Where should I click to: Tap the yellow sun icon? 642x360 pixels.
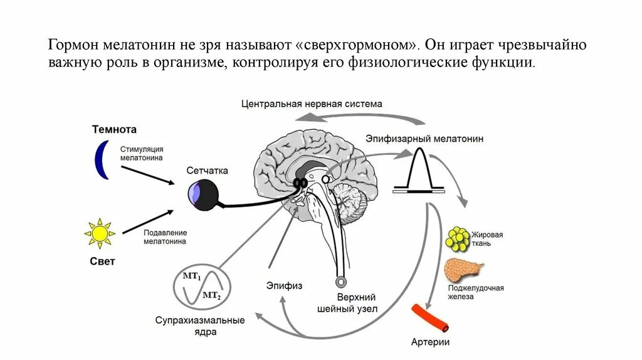tap(100, 234)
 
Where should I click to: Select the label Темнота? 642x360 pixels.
tap(114, 130)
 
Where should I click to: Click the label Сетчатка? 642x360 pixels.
tap(207, 171)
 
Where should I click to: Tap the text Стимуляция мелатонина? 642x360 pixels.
tap(142, 154)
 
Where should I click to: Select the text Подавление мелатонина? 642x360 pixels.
tap(164, 235)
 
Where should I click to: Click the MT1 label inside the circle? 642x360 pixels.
tap(191, 276)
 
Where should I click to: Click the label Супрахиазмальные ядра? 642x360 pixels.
tap(200, 326)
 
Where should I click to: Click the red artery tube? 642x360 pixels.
tap(429, 318)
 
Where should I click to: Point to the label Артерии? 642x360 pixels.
tap(430, 342)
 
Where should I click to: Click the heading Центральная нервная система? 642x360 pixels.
tap(312, 103)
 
